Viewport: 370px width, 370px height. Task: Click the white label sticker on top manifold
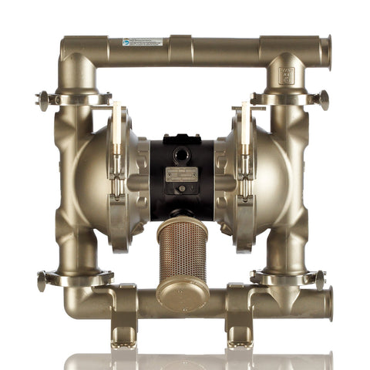[141, 42]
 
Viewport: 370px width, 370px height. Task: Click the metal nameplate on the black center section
[182, 176]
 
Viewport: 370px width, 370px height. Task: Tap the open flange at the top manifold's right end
[326, 52]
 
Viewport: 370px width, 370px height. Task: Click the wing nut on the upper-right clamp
[323, 99]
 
